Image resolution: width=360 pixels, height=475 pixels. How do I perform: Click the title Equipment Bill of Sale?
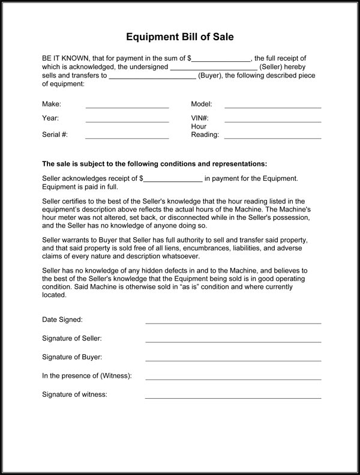pos(179,37)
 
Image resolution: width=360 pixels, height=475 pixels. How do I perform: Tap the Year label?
pos(50,118)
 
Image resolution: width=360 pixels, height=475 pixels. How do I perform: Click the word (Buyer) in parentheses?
pos(210,76)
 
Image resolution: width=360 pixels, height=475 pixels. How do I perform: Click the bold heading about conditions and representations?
pos(154,164)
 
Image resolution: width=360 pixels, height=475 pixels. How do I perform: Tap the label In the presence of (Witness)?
pos(86,376)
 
